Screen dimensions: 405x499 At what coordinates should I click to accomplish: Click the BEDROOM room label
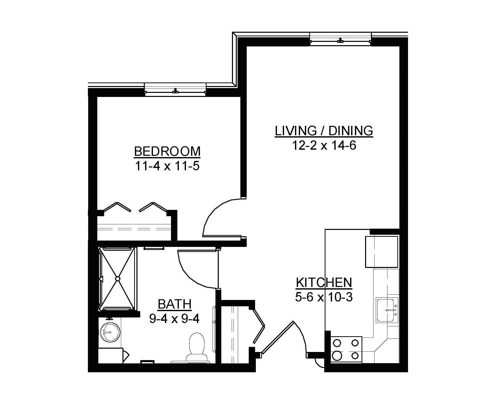pyautogui.click(x=167, y=151)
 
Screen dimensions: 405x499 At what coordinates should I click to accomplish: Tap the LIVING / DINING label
pyautogui.click(x=324, y=131)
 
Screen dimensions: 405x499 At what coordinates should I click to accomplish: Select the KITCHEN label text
pyautogui.click(x=324, y=282)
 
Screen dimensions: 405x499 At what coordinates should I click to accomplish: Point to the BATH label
pyautogui.click(x=175, y=304)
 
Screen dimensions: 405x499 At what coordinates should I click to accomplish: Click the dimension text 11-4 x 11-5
pyautogui.click(x=167, y=166)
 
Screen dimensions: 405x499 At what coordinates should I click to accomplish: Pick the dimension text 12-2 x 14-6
pyautogui.click(x=324, y=146)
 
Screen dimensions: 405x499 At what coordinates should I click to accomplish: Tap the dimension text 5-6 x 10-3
pyautogui.click(x=324, y=297)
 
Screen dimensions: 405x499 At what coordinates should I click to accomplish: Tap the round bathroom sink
pyautogui.click(x=110, y=332)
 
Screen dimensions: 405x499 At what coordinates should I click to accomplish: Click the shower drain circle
pyautogui.click(x=118, y=279)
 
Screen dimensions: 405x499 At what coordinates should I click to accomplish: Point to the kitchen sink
pyautogui.click(x=386, y=310)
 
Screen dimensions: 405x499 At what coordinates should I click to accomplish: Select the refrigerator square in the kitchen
pyautogui.click(x=381, y=251)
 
